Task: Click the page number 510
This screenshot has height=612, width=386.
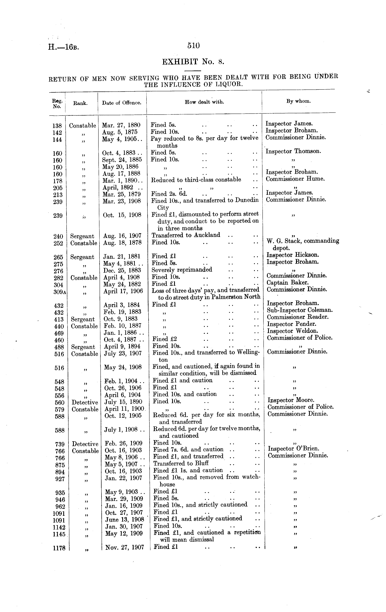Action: [x=194, y=46]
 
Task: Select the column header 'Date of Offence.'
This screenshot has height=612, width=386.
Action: [x=122, y=103]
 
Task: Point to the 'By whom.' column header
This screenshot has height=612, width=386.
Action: [x=298, y=101]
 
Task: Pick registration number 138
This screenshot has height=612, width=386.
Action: [x=57, y=126]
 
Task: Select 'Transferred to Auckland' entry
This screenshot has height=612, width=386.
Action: [x=186, y=235]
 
